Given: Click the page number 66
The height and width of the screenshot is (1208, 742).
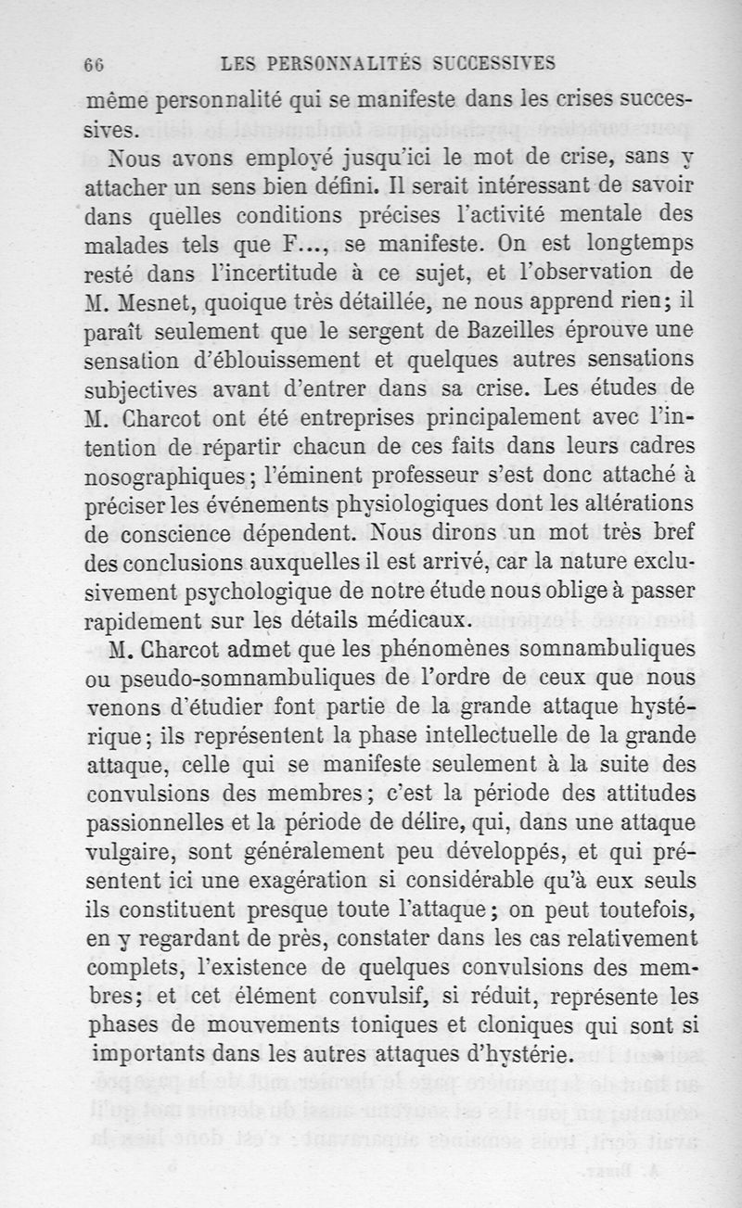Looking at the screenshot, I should tap(92, 64).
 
